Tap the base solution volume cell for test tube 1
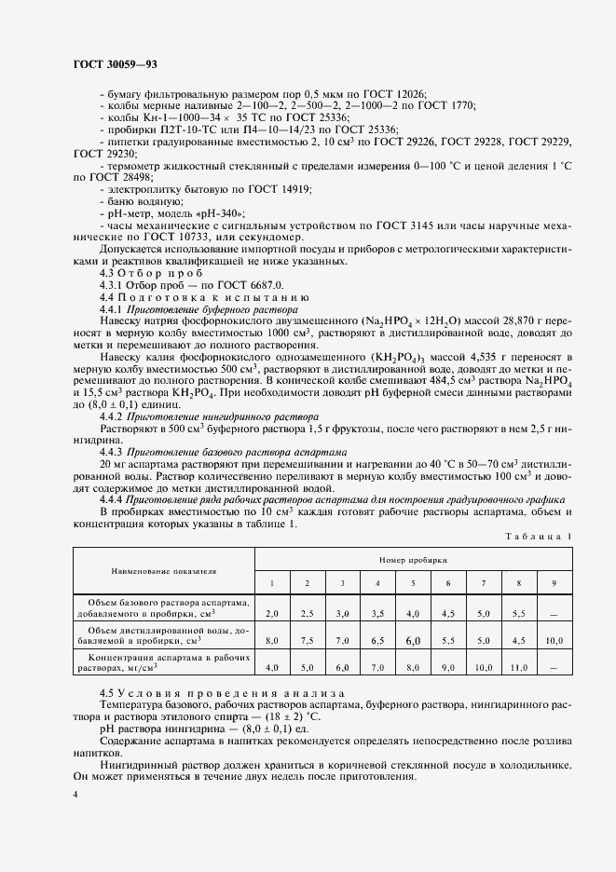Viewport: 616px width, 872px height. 272,614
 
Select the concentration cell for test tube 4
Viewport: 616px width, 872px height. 376,667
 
